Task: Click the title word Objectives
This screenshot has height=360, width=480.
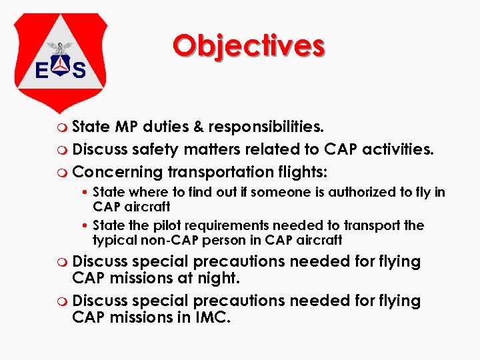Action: (248, 45)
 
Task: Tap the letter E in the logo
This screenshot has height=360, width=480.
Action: (41, 70)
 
